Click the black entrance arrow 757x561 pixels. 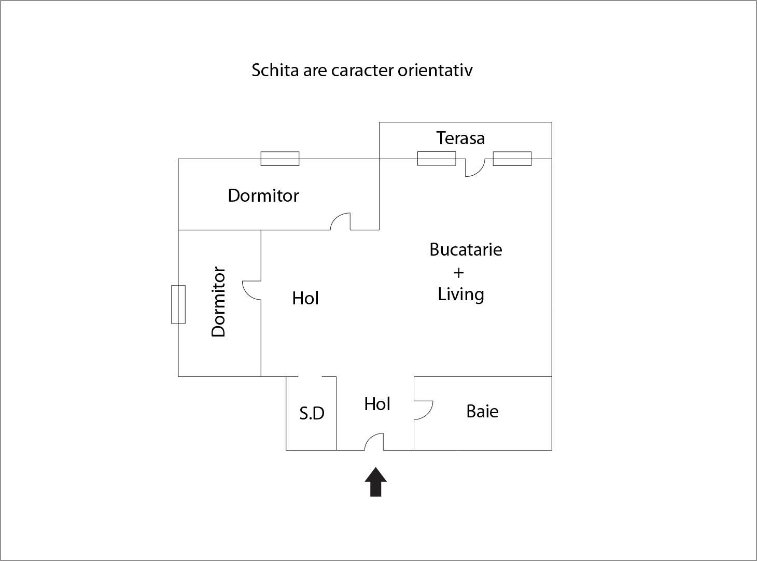(375, 482)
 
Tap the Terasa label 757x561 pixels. (460, 138)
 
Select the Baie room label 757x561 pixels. (482, 412)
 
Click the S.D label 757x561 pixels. (312, 413)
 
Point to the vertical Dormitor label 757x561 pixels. (219, 302)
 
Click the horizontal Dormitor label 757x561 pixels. (263, 196)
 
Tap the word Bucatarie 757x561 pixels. (466, 250)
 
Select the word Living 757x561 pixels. (461, 294)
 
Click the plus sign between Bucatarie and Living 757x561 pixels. (458, 272)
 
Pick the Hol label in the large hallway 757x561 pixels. (305, 299)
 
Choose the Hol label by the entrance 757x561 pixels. (377, 404)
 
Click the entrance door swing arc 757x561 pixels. (374, 442)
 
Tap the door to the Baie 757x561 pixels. (423, 410)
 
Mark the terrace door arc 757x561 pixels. (474, 167)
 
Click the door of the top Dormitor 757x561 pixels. (341, 221)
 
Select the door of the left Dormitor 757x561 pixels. (252, 290)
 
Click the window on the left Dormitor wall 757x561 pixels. (178, 304)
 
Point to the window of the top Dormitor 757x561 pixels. (279, 159)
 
